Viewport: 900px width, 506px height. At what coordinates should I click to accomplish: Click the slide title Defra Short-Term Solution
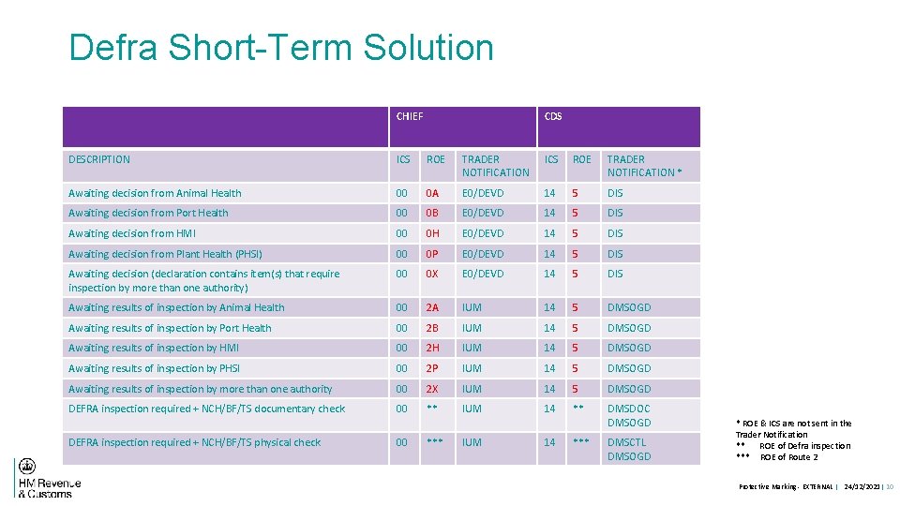coord(281,48)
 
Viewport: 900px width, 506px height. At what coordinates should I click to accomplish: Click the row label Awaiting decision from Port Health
coord(148,213)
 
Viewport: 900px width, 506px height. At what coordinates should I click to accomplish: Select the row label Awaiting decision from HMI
coord(132,233)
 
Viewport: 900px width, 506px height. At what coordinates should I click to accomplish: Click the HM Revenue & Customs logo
coord(48,478)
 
